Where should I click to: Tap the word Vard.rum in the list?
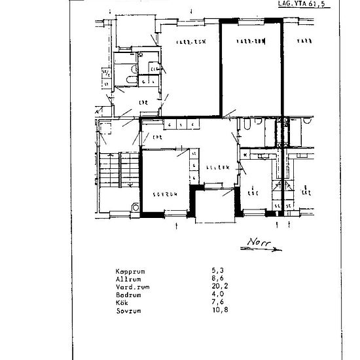(130, 286)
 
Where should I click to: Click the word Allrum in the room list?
(128, 278)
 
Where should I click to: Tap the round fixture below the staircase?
(135, 205)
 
